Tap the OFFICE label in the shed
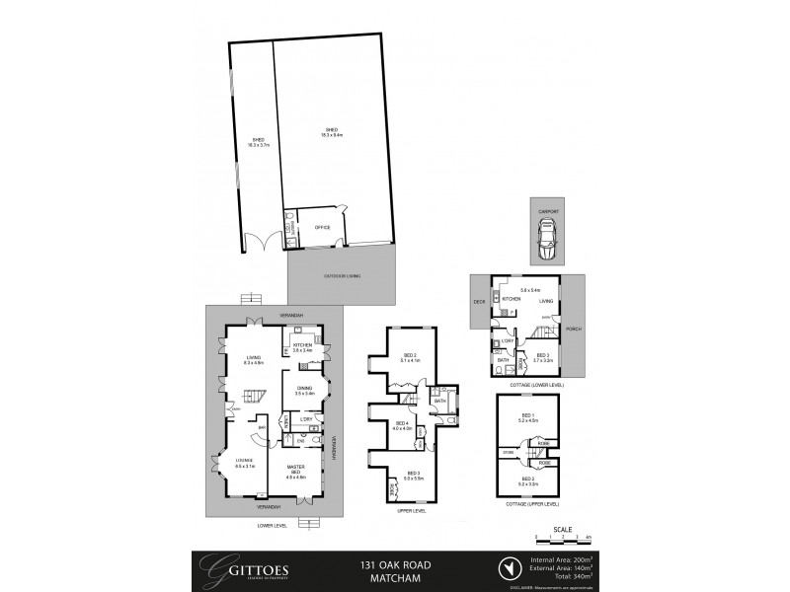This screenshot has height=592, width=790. click(x=321, y=227)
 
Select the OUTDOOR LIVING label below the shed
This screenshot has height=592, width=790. click(x=342, y=275)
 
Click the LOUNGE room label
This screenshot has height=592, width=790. click(x=245, y=463)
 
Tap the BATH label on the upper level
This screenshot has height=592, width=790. click(x=441, y=402)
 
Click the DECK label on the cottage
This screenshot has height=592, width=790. click(x=480, y=302)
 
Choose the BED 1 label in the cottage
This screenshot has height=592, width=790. click(x=527, y=417)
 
